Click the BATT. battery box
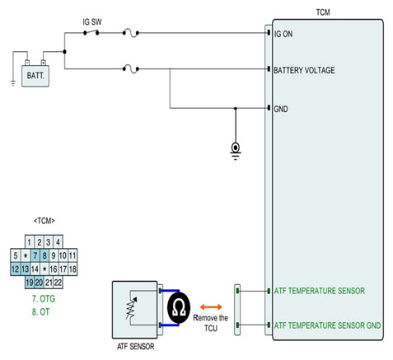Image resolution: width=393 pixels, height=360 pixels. click(35, 76)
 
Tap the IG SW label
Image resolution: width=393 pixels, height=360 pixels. click(92, 22)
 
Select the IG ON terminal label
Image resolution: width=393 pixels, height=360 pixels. click(283, 34)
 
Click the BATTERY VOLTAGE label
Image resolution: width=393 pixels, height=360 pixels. click(304, 70)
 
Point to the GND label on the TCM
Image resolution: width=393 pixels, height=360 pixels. click(281, 109)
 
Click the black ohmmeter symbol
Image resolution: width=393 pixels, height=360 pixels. click(179, 307)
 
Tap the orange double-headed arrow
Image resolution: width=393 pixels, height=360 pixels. click(211, 307)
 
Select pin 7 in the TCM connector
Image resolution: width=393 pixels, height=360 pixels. click(35, 255)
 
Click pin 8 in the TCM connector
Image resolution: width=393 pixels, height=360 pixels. click(44, 255)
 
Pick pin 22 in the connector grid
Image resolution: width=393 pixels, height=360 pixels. click(58, 283)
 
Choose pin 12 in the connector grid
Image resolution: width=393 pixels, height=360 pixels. click(16, 269)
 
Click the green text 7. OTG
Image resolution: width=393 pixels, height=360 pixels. click(44, 299)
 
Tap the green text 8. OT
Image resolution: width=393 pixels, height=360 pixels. click(41, 312)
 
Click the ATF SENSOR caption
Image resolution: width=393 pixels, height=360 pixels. click(136, 347)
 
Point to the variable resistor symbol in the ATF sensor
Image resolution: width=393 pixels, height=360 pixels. click(131, 307)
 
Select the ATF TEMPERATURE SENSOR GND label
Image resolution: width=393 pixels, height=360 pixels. click(327, 325)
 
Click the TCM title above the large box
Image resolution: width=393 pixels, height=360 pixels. click(323, 12)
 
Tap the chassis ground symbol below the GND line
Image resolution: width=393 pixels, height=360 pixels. click(236, 151)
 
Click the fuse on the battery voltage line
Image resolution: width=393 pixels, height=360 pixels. click(131, 69)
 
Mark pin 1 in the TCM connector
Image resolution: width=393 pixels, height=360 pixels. click(30, 242)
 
